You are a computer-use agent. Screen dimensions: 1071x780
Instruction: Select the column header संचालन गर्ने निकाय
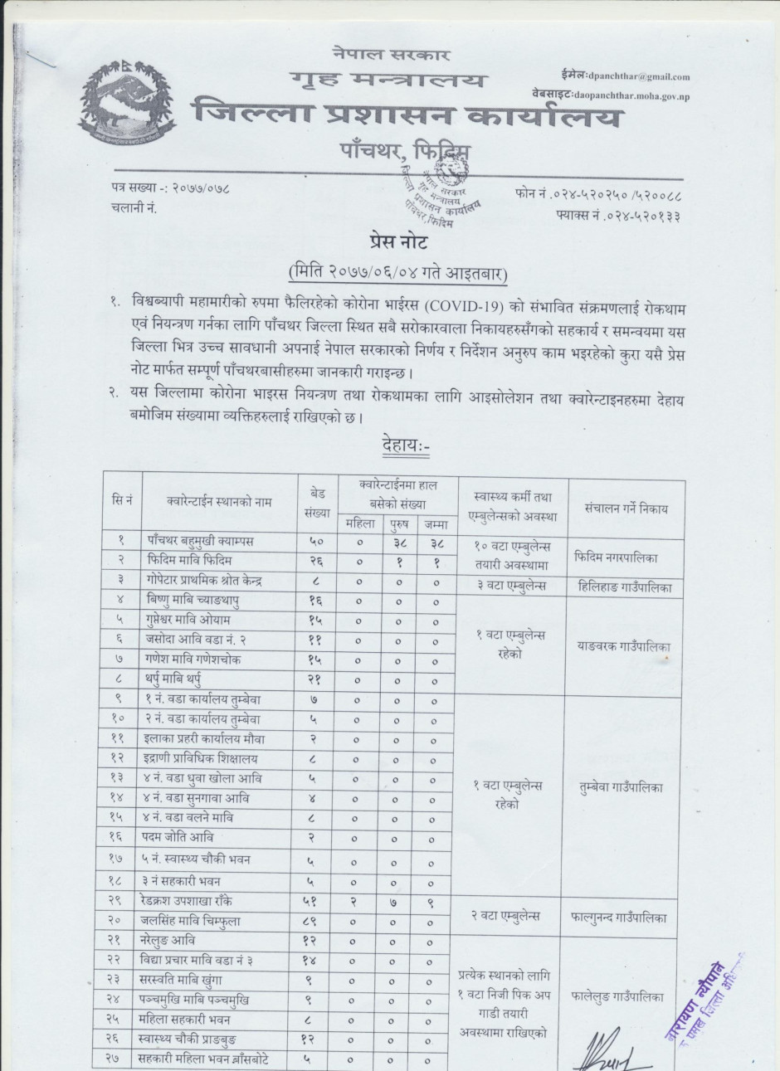click(x=626, y=509)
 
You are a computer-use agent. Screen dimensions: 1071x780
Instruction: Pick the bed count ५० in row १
click(x=317, y=541)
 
